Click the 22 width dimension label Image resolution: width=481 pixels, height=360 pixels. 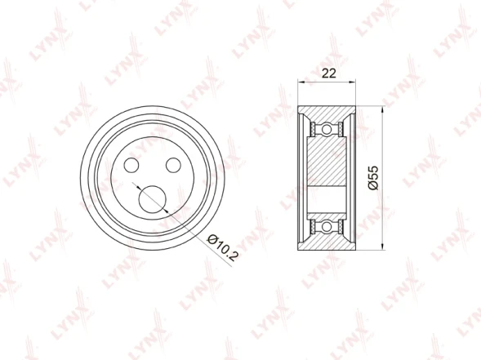point(328,73)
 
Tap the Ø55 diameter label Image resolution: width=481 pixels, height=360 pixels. point(374,178)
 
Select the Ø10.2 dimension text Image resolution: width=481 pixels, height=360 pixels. point(223,247)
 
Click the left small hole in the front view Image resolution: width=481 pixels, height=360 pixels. point(131,165)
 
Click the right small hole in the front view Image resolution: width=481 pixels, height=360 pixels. point(173,165)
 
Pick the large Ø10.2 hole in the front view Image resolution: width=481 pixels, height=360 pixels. point(153,199)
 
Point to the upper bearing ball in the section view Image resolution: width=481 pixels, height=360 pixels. point(327,129)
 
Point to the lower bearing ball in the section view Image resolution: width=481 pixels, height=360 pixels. point(327,227)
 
